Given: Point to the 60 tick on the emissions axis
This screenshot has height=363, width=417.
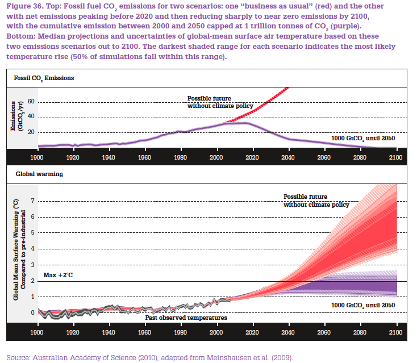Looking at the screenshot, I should [31, 102].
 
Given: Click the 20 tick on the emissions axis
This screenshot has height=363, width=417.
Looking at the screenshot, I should [31, 132].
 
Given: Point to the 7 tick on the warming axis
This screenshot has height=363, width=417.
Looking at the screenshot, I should [32, 201].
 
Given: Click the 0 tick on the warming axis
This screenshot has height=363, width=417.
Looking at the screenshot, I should [32, 312].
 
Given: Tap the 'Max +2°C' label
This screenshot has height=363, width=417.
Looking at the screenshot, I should [59, 276].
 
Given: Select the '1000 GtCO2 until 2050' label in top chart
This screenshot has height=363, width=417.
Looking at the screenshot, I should [362, 138].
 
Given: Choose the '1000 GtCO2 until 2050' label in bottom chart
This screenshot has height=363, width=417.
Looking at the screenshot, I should [362, 306].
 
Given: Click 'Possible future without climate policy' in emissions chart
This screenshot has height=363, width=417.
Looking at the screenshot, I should [214, 102].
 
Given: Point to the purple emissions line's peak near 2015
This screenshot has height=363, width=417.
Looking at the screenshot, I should [241, 123].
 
